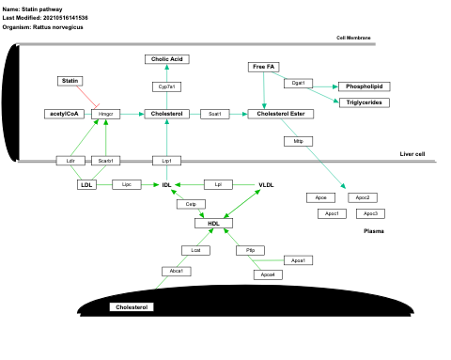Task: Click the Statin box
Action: click(70, 82)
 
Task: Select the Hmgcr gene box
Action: click(105, 114)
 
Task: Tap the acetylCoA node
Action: click(64, 114)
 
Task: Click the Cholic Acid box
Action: click(166, 59)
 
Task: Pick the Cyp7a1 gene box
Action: click(166, 86)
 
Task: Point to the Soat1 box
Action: click(214, 114)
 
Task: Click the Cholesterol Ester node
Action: click(281, 114)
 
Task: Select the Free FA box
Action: click(263, 67)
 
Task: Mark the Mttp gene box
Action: click(297, 141)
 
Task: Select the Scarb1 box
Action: click(105, 162)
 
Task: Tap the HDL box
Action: click(213, 223)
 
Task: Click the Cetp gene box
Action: click(190, 204)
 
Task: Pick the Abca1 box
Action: click(173, 271)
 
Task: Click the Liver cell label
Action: click(412, 153)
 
